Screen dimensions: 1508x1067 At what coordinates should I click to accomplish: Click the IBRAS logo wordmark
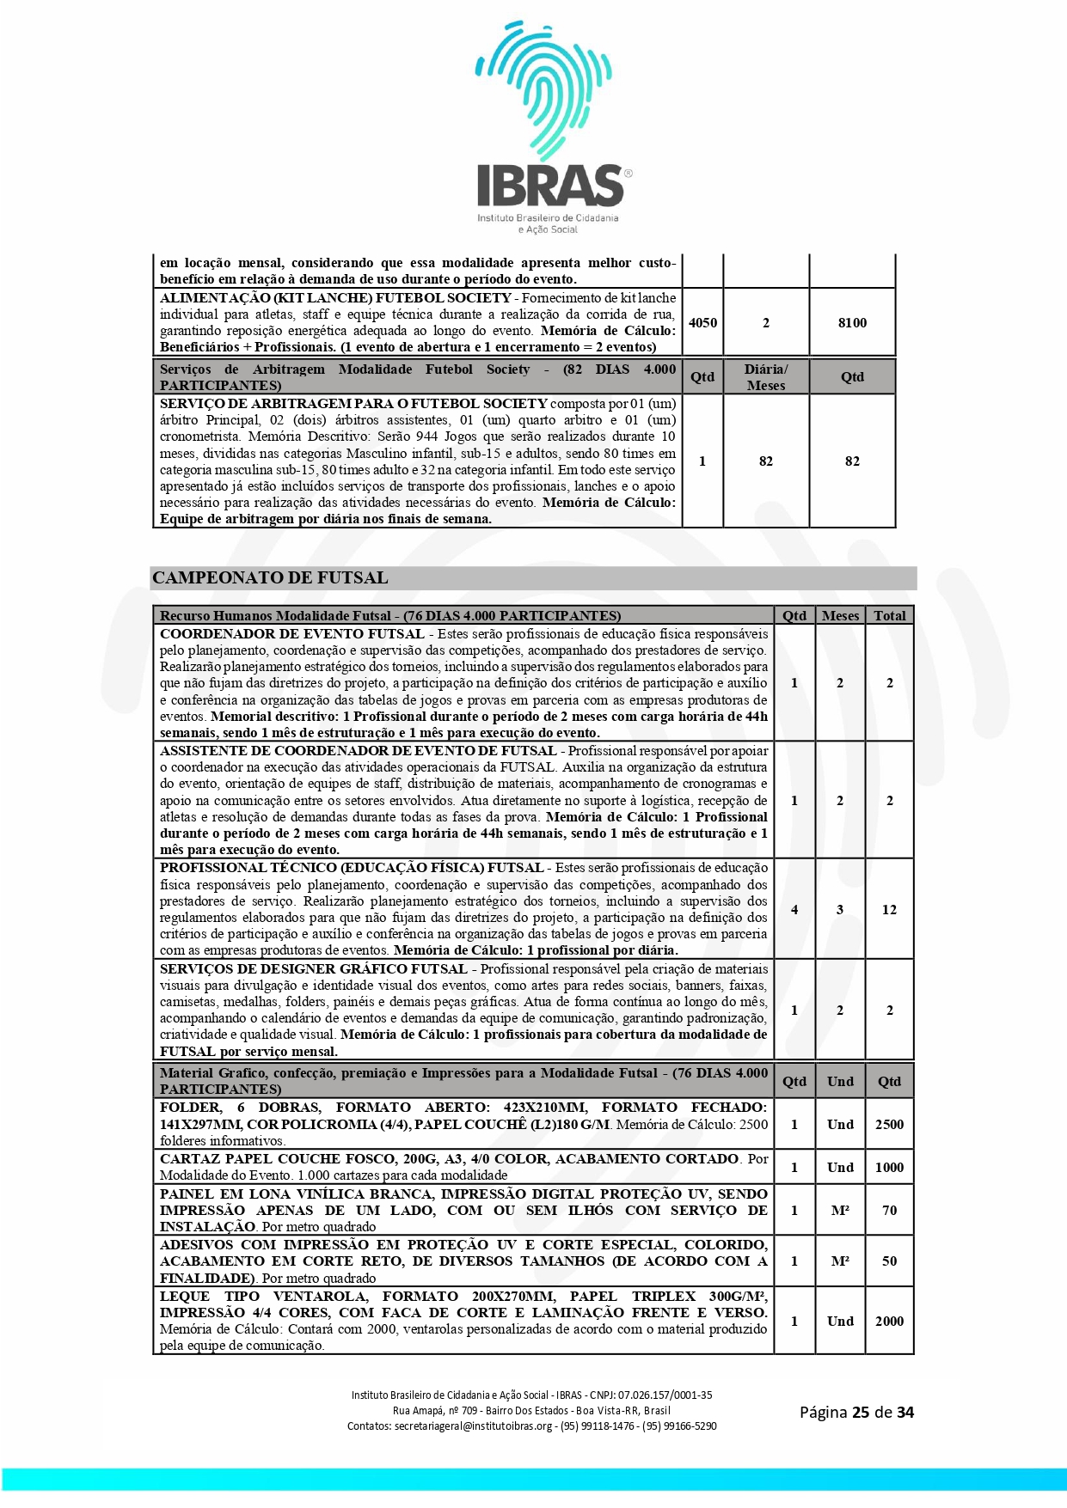(550, 185)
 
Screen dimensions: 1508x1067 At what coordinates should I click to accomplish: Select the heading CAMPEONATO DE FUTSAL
(270, 578)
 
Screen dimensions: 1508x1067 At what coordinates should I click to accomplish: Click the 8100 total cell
(852, 323)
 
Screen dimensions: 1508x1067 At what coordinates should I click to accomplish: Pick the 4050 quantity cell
(702, 323)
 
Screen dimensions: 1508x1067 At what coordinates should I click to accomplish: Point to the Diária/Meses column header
(765, 377)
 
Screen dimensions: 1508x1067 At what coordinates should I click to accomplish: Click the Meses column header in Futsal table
(840, 615)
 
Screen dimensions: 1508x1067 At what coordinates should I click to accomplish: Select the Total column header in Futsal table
(889, 615)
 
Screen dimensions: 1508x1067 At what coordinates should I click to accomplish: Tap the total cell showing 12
(889, 909)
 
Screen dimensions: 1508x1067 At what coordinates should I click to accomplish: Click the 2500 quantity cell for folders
(889, 1124)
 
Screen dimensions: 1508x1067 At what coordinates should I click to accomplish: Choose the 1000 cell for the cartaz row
(889, 1167)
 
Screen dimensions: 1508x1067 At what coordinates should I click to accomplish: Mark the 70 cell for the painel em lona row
(889, 1210)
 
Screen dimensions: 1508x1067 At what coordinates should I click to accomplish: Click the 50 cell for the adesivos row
(889, 1261)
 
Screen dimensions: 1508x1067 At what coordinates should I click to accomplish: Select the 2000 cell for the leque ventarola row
(889, 1321)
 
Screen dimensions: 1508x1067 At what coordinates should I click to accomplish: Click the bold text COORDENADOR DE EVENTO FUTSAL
(292, 634)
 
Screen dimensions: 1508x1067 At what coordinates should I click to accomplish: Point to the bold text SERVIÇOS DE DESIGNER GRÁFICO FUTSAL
(314, 969)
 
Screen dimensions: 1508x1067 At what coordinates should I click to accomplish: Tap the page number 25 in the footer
(861, 1412)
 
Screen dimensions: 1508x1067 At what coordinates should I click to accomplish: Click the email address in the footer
(473, 1426)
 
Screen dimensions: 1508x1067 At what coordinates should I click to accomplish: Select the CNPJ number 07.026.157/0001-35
(665, 1395)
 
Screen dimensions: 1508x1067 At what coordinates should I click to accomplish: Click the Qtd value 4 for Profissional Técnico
(794, 909)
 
